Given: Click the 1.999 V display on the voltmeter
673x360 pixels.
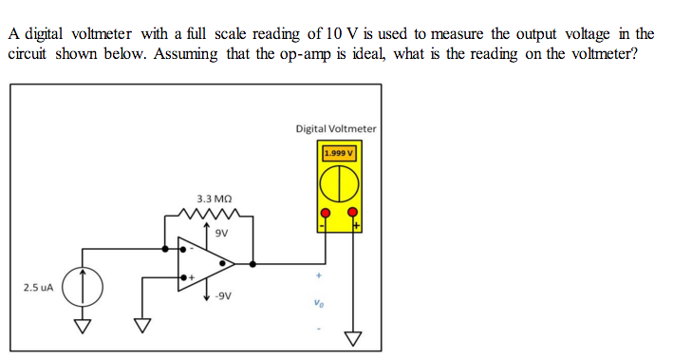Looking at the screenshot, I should click(339, 152).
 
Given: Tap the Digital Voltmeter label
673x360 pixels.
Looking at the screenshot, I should click(336, 128).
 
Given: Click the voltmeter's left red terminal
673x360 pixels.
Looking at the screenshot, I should click(325, 213).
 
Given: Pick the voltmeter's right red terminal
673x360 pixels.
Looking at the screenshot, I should click(354, 213).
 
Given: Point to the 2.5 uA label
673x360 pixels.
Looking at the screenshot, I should click(39, 285).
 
